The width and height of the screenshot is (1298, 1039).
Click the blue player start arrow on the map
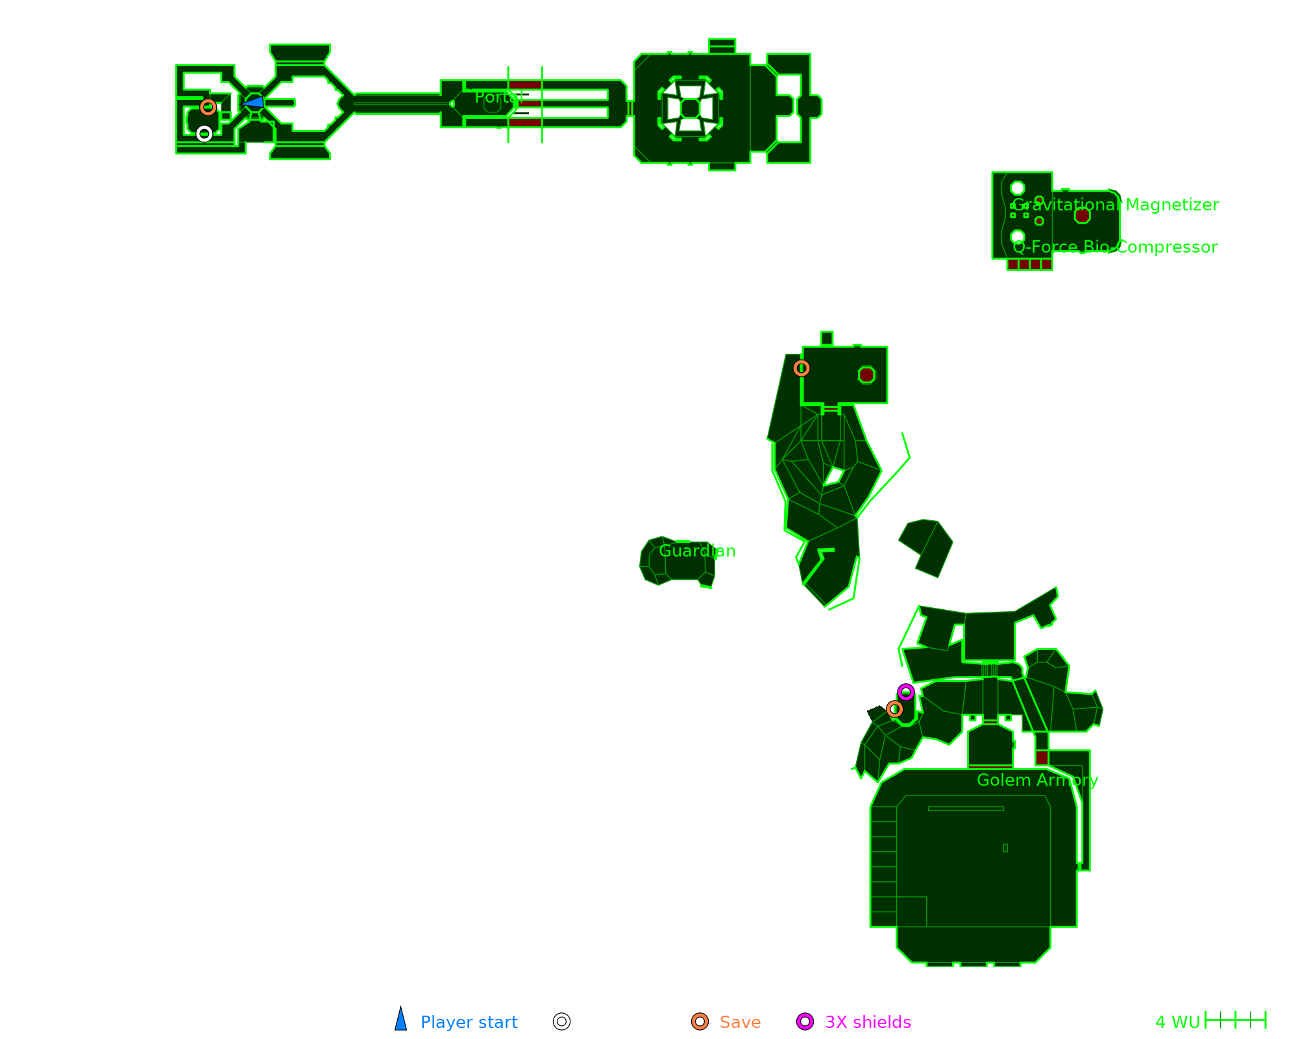(x=254, y=102)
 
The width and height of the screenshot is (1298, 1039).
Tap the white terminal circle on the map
(x=204, y=134)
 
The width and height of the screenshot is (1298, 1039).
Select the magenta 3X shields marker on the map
(x=906, y=692)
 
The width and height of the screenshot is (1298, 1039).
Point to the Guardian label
(x=697, y=551)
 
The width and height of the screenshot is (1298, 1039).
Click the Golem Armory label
(x=1037, y=780)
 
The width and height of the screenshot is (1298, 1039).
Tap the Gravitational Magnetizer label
(x=1115, y=205)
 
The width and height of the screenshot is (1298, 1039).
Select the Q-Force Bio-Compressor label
(x=1114, y=247)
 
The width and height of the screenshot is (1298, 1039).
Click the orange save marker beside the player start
(x=208, y=107)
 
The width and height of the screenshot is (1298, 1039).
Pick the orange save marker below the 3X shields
(x=894, y=709)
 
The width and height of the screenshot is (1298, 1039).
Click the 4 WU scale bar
(x=1235, y=1020)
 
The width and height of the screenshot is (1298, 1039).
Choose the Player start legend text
(x=469, y=1022)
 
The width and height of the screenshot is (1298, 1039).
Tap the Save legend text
(x=740, y=1022)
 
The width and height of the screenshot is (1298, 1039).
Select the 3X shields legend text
(x=868, y=1022)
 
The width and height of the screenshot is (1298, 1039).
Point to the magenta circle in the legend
(x=805, y=1021)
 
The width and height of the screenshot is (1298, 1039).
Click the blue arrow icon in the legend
(x=401, y=1020)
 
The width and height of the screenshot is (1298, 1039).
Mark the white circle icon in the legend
(x=561, y=1021)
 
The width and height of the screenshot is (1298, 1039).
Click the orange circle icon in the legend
(x=700, y=1021)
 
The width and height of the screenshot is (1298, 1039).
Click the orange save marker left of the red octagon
(x=802, y=368)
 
